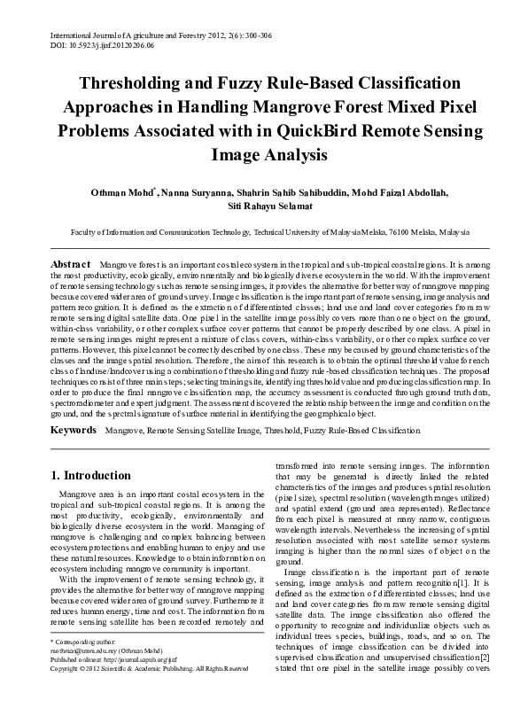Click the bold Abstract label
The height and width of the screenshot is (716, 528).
point(71,265)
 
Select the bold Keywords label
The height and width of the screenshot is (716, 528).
point(74,430)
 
